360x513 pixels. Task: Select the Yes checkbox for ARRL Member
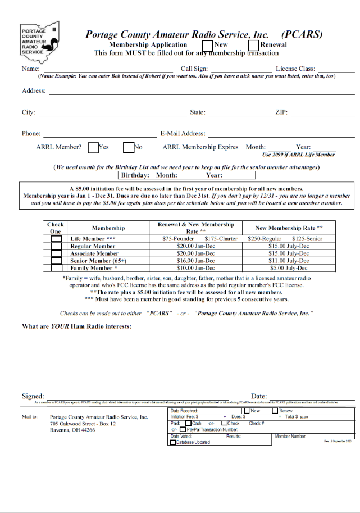click(x=93, y=148)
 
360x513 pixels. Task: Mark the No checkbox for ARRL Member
click(x=129, y=148)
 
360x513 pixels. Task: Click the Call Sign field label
click(x=194, y=69)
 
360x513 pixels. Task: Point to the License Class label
click(x=299, y=69)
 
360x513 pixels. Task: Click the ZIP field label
click(x=281, y=112)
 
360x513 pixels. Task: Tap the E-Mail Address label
click(x=183, y=134)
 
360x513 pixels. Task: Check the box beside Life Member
click(x=56, y=239)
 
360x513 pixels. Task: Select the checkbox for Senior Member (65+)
click(x=56, y=261)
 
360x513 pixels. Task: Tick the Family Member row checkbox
click(x=56, y=269)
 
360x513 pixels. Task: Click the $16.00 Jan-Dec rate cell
click(x=188, y=261)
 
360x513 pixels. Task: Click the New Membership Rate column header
click(x=289, y=228)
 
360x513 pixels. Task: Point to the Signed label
click(x=33, y=396)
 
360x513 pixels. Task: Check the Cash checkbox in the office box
click(x=189, y=424)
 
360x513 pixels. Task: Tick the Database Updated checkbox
click(x=172, y=442)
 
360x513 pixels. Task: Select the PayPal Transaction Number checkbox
click(x=183, y=430)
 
